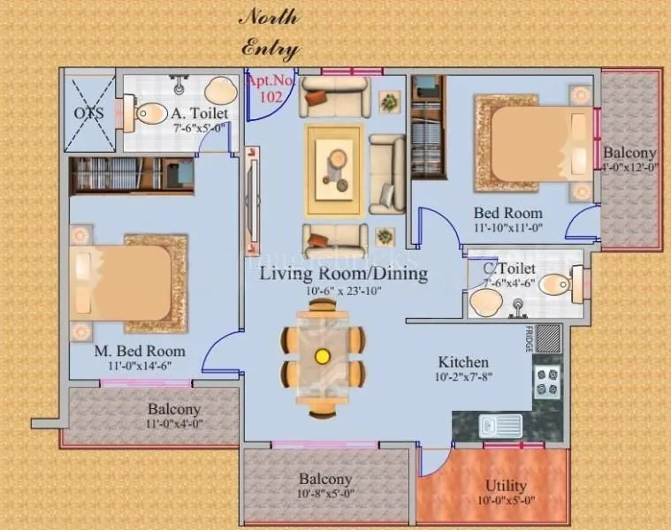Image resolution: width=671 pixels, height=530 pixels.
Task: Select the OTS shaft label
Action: click(88, 113)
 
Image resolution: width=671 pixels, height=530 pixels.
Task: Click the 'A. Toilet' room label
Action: click(199, 113)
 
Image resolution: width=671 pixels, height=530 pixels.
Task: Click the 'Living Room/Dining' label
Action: click(343, 273)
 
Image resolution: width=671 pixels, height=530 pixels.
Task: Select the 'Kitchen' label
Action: click(464, 362)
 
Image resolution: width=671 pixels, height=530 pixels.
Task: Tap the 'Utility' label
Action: click(507, 485)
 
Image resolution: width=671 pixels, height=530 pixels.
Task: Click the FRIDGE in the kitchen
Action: click(548, 338)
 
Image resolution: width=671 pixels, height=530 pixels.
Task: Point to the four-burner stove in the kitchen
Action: click(546, 382)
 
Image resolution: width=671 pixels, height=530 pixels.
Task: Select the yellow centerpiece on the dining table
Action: click(323, 356)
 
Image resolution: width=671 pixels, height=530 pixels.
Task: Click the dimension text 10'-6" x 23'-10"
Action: click(343, 291)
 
